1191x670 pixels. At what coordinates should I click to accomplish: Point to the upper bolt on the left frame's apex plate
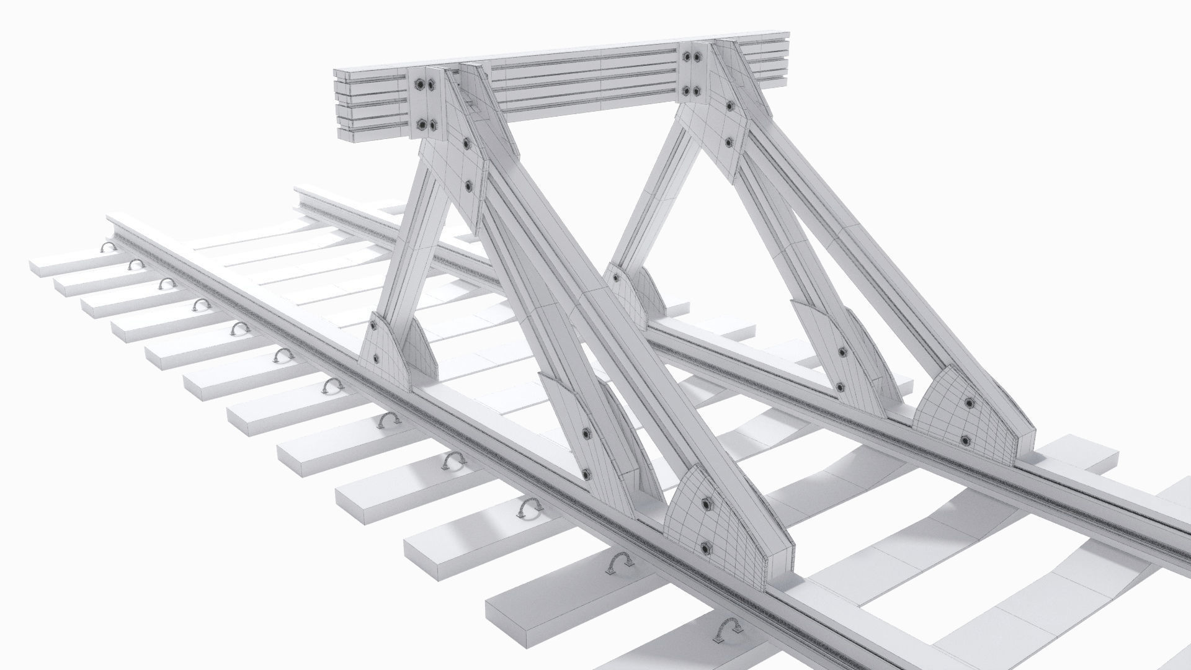465,143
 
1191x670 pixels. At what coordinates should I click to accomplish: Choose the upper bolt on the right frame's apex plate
728,104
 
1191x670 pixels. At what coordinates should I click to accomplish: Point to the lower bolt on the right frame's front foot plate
965,440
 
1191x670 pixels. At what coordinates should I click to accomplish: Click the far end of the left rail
118,221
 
